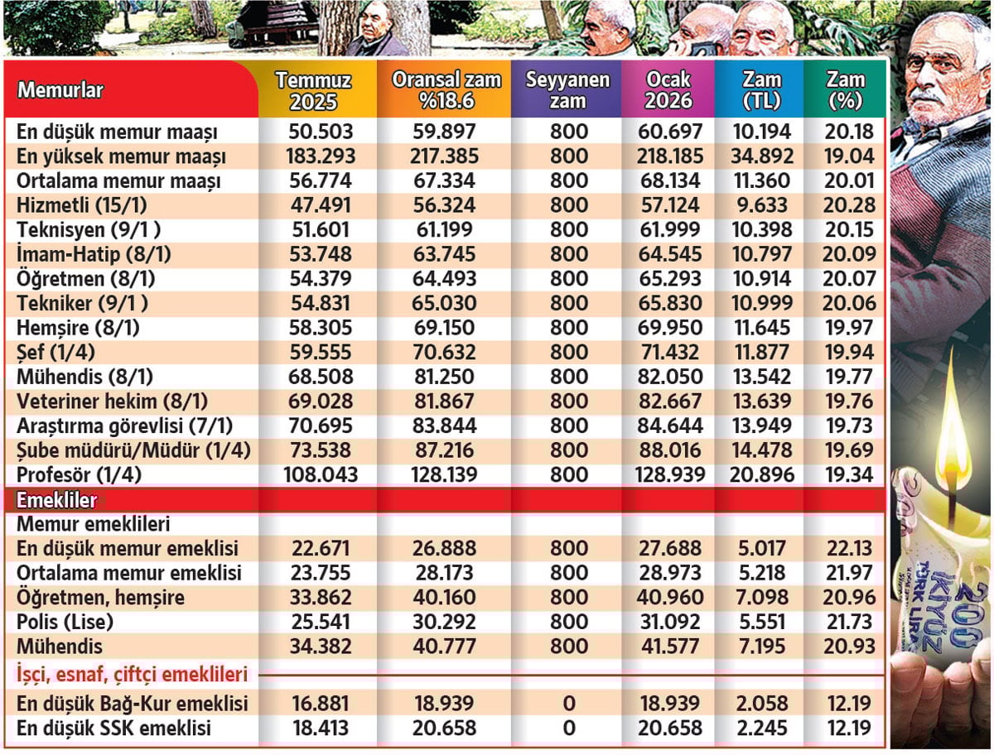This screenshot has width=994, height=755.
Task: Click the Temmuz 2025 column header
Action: pos(313,91)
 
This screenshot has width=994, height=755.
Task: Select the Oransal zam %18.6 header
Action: pos(446,91)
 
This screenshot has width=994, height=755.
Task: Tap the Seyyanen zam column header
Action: pos(567,91)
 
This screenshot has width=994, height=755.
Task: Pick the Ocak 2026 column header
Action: pos(668,91)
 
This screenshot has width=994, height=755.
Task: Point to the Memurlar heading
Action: pos(60,90)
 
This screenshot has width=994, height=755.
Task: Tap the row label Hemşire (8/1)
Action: pos(78,328)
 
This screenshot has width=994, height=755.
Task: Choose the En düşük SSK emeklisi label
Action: pos(113,729)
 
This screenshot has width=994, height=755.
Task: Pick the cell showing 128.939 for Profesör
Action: pos(668,475)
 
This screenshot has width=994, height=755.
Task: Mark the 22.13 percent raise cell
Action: pos(845,548)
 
